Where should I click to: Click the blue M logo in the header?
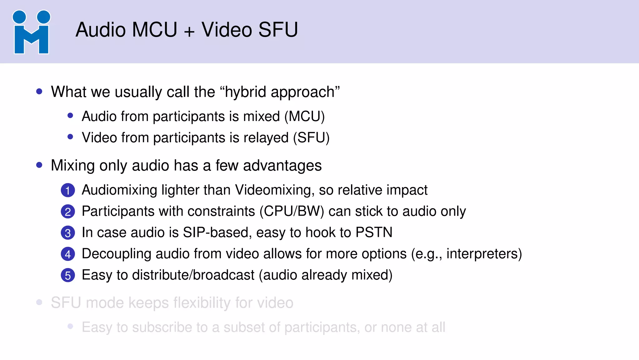pos(31,32)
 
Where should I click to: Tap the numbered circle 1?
pos(68,190)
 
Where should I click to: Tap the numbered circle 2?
pos(68,212)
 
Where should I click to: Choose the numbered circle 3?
pos(68,233)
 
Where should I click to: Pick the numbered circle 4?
pos(68,254)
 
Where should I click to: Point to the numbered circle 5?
pos(68,275)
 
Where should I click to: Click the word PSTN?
pos(374,232)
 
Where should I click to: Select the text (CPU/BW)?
pos(292,212)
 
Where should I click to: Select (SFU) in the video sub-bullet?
pos(311,138)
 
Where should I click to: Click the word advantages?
pos(282,165)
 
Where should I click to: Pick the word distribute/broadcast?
pos(193,275)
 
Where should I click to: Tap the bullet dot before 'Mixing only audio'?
pos(39,165)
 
